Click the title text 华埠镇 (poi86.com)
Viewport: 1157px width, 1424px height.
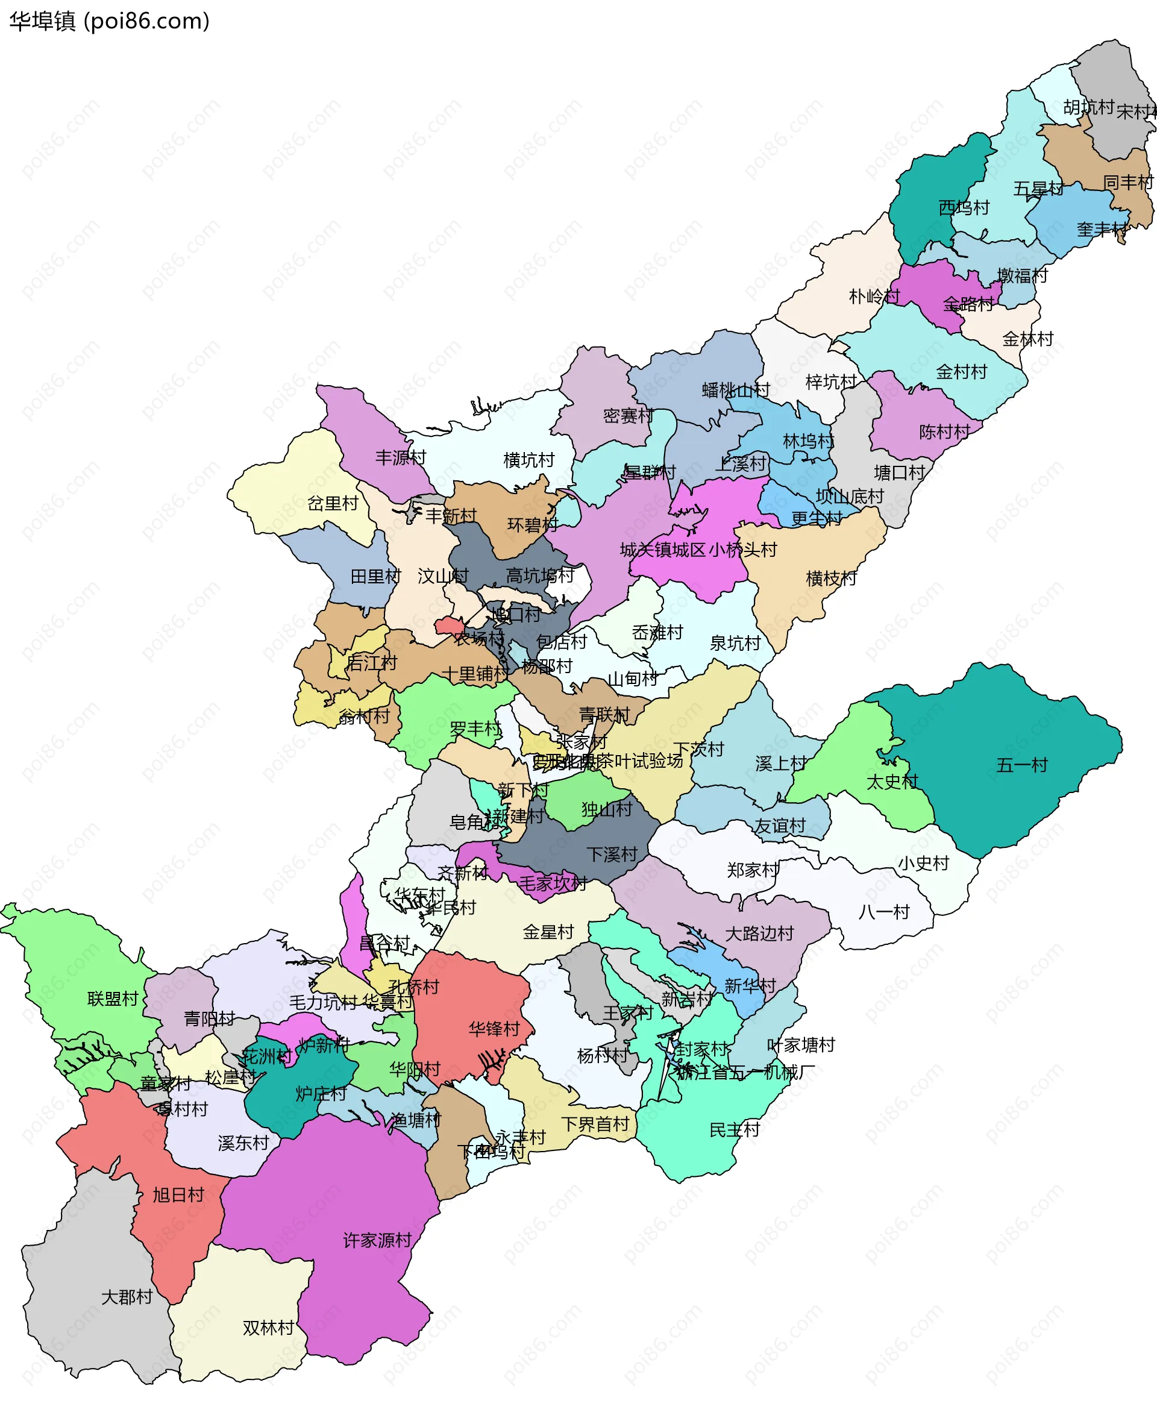pos(109,21)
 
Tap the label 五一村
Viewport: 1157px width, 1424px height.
pos(1021,765)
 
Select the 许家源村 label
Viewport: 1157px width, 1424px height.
pos(377,1240)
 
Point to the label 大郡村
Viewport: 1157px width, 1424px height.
pos(127,1297)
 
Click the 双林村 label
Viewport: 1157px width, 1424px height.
pos(268,1328)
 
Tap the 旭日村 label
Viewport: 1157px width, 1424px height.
pos(178,1195)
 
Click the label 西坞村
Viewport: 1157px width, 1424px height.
pos(964,208)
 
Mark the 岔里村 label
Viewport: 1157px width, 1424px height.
pos(333,503)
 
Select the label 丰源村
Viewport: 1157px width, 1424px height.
pos(400,458)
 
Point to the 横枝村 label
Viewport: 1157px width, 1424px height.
pos(831,579)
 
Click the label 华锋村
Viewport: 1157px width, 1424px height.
pos(494,1029)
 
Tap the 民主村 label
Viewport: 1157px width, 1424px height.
pos(734,1130)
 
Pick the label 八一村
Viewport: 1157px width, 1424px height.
pos(884,912)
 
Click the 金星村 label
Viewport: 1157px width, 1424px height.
pos(548,932)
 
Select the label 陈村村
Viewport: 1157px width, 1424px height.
pos(944,432)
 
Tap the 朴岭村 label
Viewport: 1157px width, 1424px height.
pos(874,296)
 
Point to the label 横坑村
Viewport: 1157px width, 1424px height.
pos(528,460)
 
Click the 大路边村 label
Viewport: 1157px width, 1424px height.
pos(759,933)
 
